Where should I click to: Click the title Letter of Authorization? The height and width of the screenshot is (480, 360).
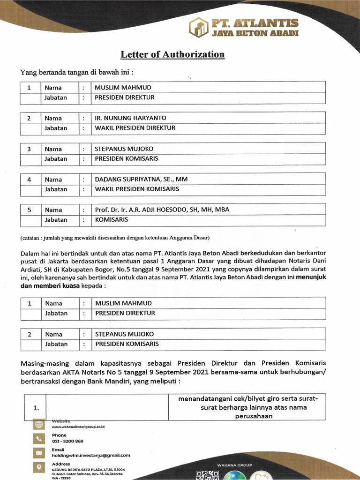pos(172,54)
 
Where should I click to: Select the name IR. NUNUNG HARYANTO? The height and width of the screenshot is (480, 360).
pos(130,118)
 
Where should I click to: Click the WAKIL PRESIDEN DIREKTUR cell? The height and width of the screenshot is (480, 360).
pos(135,128)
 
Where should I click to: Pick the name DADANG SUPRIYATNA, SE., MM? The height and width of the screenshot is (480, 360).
pos(141,179)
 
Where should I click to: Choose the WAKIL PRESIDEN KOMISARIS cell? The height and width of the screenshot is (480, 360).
pos(137,189)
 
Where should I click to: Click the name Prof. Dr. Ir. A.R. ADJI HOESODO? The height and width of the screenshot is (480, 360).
pos(162,210)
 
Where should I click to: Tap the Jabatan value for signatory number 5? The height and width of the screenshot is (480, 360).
pos(112,219)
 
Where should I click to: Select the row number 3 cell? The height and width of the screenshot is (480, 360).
pos(29,149)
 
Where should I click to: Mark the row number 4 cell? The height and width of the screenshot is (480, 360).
pos(29,180)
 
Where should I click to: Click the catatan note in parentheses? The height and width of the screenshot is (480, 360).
pos(115,237)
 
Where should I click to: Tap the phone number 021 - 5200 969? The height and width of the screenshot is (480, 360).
pos(67,441)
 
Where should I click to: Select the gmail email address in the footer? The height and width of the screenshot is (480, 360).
pos(90,455)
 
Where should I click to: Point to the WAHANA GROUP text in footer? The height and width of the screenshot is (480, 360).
pos(235,465)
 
